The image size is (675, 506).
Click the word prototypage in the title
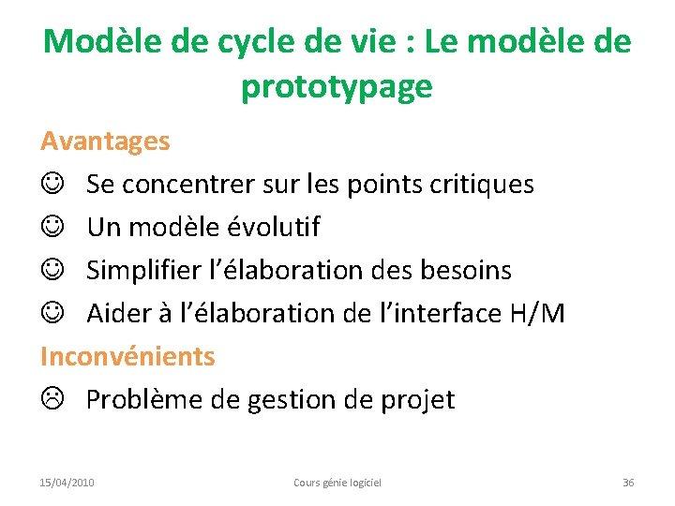(x=337, y=87)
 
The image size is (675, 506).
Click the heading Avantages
(x=105, y=141)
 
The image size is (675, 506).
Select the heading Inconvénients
(x=127, y=356)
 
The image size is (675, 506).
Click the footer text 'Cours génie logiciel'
(x=337, y=483)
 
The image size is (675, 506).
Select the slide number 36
(x=628, y=483)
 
